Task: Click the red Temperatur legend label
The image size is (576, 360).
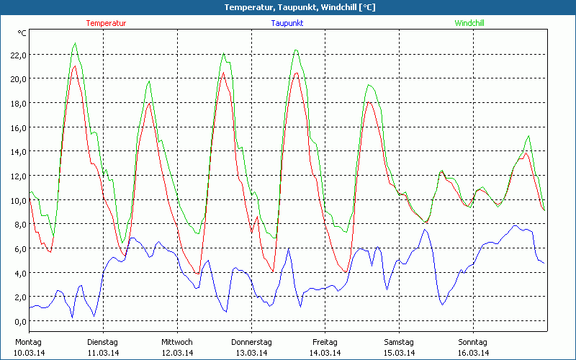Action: (106, 23)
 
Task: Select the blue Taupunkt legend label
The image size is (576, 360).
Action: (287, 23)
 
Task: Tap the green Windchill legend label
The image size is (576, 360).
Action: (469, 23)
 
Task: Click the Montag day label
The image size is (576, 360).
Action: (28, 342)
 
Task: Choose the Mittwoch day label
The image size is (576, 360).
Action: (177, 342)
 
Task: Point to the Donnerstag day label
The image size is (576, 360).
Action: (251, 342)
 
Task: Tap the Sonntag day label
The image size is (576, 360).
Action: (473, 342)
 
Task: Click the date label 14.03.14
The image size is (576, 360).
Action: (325, 353)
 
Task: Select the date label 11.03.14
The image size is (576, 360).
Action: (103, 353)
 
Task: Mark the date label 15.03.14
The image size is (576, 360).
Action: (399, 353)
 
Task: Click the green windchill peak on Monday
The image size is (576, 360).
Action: (75, 43)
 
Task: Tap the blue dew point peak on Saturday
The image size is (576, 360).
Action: (425, 230)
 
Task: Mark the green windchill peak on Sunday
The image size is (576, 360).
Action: (529, 135)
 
